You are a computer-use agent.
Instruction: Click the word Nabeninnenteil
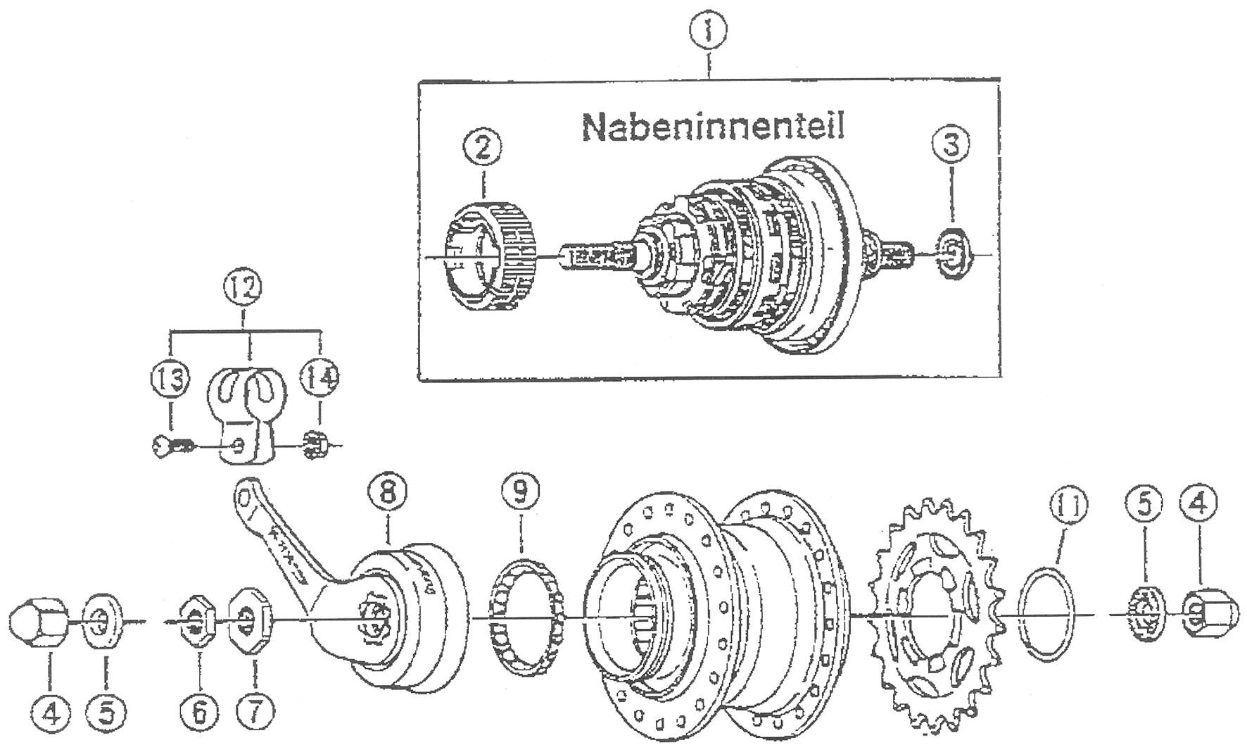pos(712,126)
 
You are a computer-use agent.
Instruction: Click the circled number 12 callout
pos(243,288)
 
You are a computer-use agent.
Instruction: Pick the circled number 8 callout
pos(388,491)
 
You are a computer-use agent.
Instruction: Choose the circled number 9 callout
pos(520,491)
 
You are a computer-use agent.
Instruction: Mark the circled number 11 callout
pos(1068,506)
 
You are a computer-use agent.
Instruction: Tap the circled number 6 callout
pos(199,713)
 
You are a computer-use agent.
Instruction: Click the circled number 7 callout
pos(254,713)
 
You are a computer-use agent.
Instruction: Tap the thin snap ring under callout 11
pos(1047,611)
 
